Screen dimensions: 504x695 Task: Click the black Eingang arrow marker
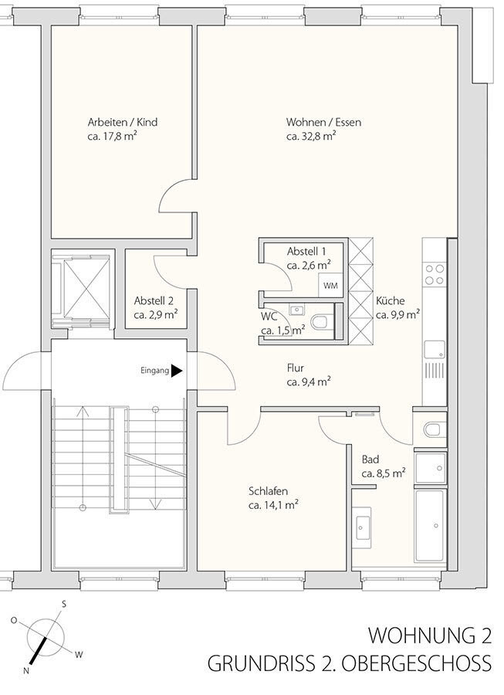(177, 371)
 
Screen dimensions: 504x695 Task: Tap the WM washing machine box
(330, 286)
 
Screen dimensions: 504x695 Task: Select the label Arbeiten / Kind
(123, 122)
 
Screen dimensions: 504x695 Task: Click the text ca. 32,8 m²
(311, 136)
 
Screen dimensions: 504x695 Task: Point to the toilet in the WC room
(320, 321)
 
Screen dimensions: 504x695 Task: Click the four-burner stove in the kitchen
(435, 274)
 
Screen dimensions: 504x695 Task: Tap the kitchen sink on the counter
(435, 349)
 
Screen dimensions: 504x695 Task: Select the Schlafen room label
(269, 491)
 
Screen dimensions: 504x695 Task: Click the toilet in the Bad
(431, 429)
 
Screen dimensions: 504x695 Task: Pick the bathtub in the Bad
(431, 526)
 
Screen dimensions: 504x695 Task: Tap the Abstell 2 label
(154, 301)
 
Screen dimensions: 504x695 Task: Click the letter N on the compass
(26, 670)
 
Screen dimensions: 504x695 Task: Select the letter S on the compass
(64, 603)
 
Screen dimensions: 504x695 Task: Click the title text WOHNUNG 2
(430, 636)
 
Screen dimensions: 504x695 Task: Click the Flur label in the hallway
(296, 368)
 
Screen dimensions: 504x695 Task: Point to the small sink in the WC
(296, 310)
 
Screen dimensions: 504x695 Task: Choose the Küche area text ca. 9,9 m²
(398, 315)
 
